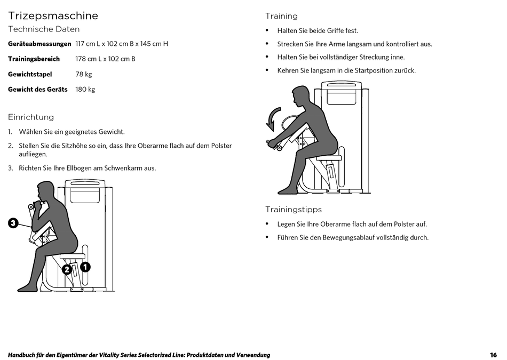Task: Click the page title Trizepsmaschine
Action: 53,15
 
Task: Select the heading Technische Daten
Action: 44,29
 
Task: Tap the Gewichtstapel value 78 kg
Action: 84,74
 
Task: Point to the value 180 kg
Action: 85,89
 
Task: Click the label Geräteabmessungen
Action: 39,44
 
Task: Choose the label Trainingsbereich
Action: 34,59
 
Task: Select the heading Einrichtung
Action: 31,117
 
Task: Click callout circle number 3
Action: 13,223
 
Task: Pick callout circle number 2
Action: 67,269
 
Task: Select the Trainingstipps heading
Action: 294,210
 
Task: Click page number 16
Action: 493,355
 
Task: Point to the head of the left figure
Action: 46,191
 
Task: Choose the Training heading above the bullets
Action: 282,16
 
